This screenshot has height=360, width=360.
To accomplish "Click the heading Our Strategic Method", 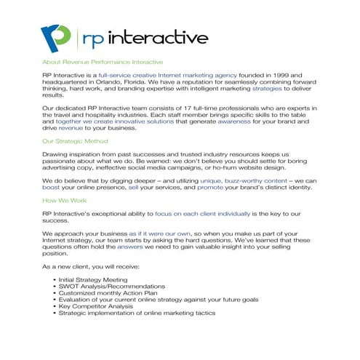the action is point(75,140).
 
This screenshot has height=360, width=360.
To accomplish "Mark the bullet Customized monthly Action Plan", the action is point(107,293).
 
